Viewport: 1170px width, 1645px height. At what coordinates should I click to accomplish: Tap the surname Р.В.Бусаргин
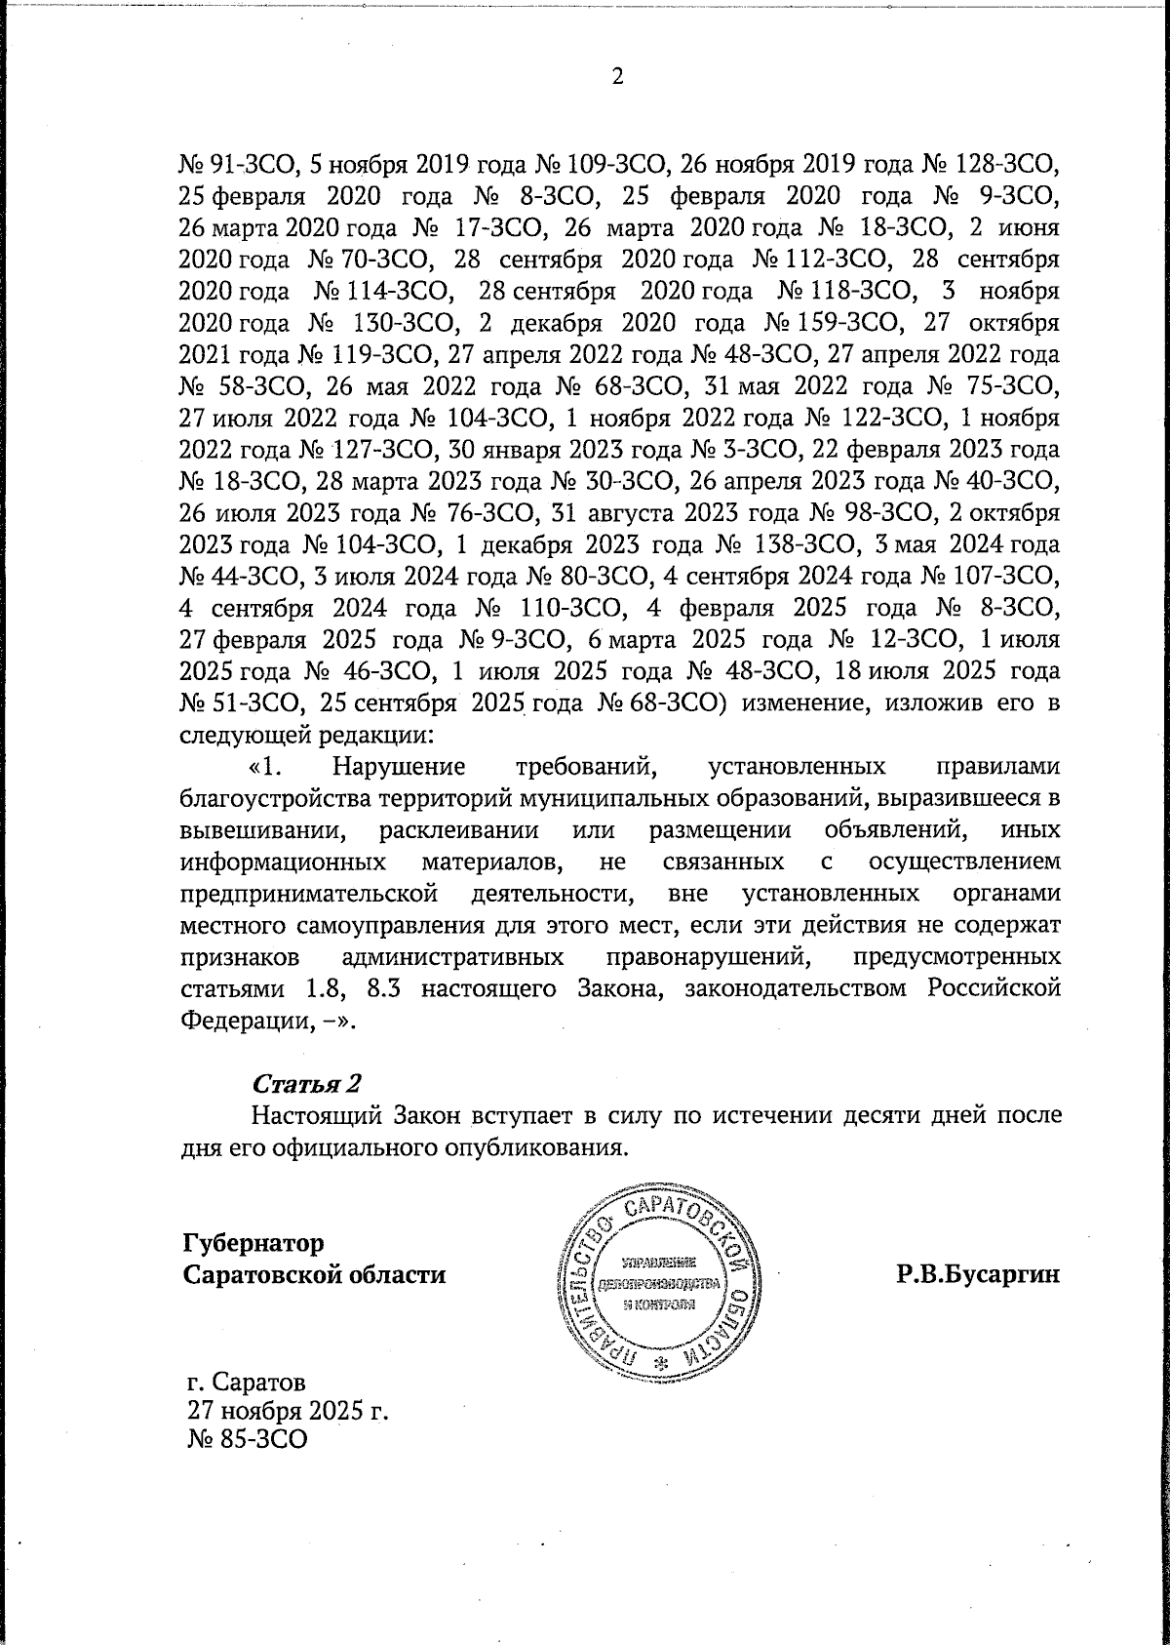pos(978,1274)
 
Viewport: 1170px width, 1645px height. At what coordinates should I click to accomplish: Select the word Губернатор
pos(253,1244)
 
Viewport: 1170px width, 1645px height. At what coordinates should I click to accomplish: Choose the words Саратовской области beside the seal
pos(315,1275)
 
